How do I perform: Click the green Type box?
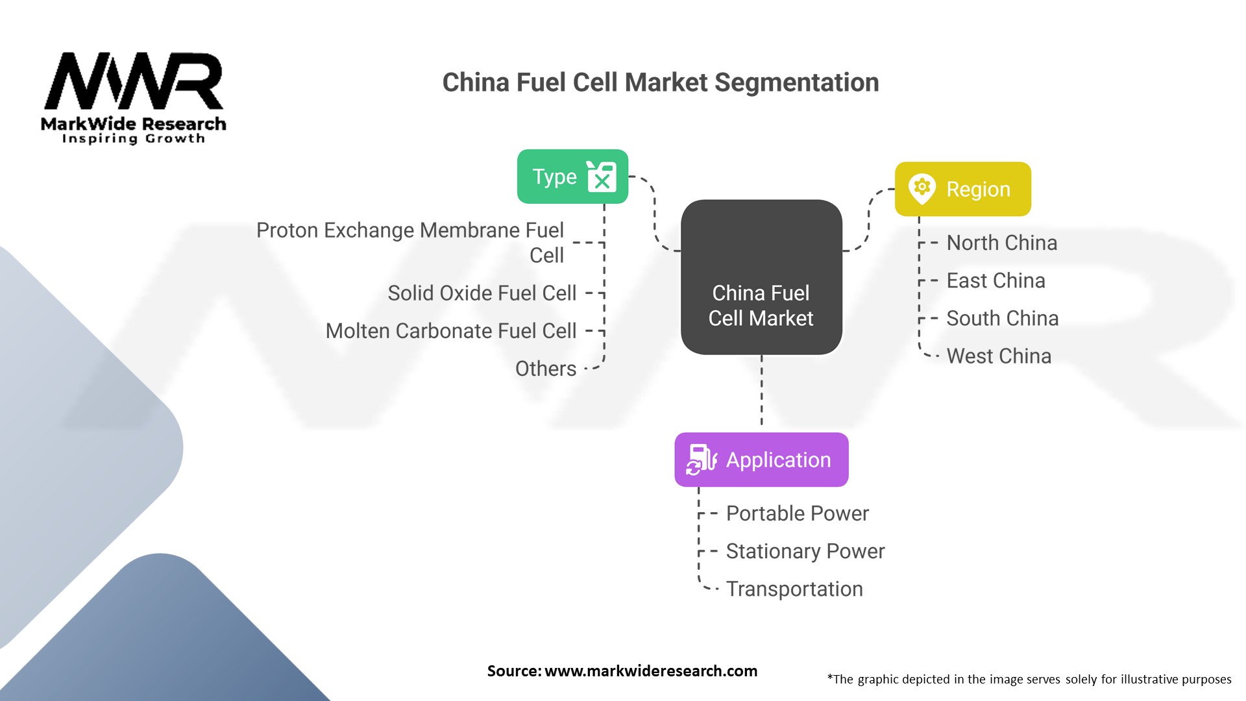click(572, 177)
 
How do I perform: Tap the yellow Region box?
click(962, 189)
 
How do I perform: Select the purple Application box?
click(761, 460)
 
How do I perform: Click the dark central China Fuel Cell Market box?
click(761, 277)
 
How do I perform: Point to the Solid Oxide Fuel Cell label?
click(482, 293)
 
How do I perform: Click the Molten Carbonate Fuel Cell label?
click(450, 331)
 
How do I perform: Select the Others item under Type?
click(545, 369)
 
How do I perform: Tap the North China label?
click(1001, 243)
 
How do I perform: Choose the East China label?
click(996, 280)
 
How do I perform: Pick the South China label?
click(1002, 318)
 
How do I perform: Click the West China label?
click(999, 356)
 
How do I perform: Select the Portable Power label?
click(797, 513)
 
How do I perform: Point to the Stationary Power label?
click(805, 551)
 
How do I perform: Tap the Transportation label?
click(794, 589)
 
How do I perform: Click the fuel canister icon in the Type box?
click(602, 177)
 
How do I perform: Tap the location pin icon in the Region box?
click(922, 189)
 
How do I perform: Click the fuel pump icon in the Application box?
click(702, 460)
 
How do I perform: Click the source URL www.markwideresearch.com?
click(651, 671)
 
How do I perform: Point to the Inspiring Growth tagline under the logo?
click(133, 138)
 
